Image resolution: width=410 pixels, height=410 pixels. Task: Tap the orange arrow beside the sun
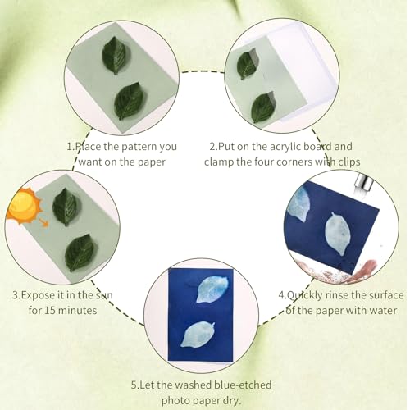click(42, 219)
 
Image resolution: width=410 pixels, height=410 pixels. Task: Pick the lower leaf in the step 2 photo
click(263, 107)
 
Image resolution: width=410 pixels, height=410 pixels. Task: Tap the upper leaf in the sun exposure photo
click(65, 207)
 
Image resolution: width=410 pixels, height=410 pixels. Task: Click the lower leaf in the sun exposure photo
click(80, 252)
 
